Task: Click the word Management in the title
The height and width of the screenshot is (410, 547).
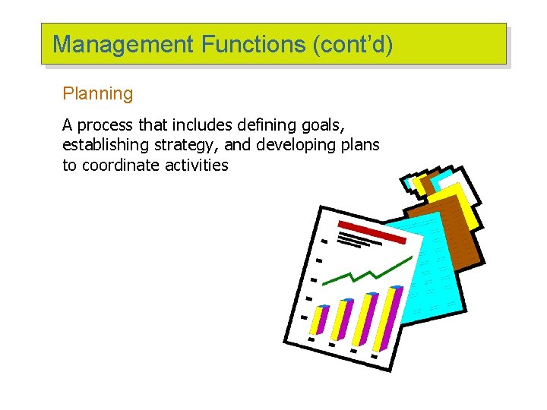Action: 123,45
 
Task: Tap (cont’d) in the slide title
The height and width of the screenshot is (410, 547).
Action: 353,45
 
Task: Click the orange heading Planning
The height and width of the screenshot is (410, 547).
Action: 97,94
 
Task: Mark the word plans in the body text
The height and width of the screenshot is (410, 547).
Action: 360,145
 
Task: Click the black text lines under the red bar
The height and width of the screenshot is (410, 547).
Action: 357,241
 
